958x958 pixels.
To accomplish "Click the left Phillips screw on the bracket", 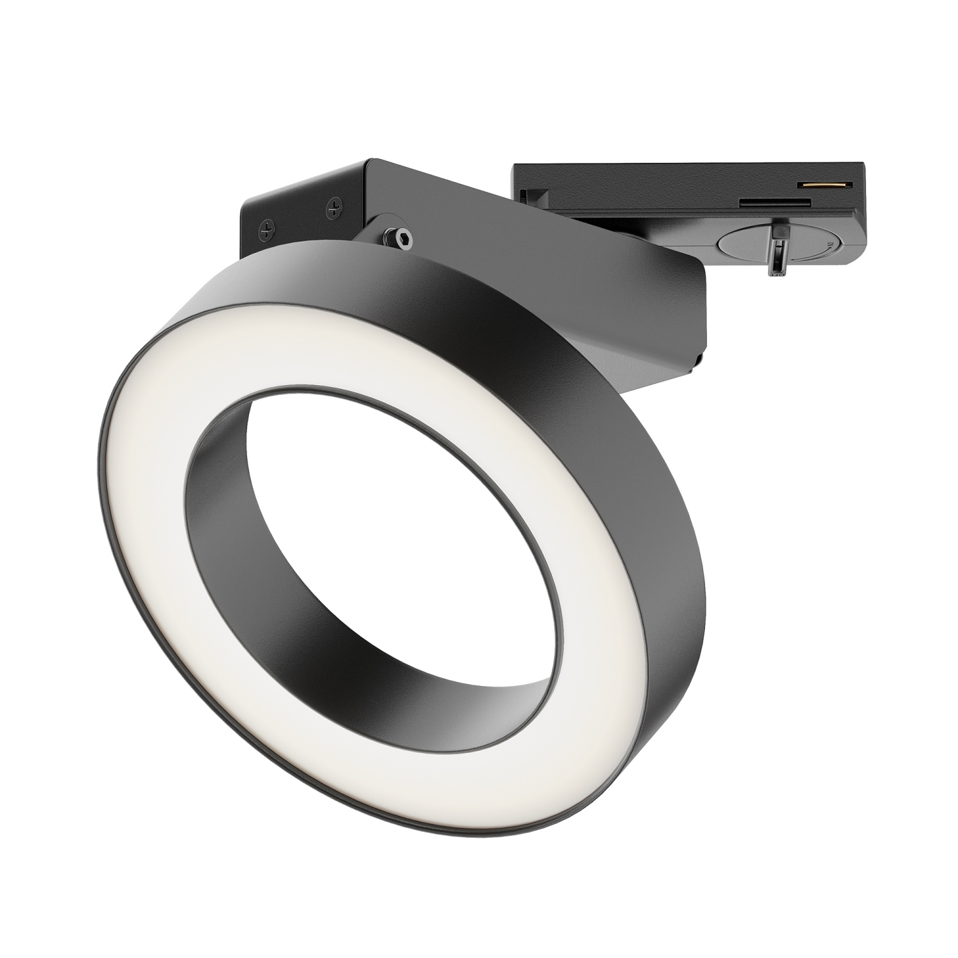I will [x=268, y=227].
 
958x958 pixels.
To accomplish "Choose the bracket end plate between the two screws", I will [x=300, y=211].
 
